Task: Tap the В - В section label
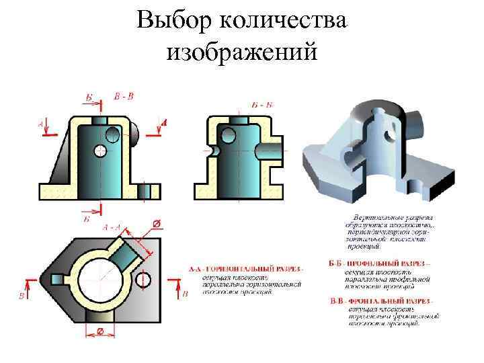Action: point(123,96)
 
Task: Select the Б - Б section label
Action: point(262,105)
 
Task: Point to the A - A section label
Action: point(112,227)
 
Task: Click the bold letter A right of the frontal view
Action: point(164,122)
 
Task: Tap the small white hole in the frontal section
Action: point(101,149)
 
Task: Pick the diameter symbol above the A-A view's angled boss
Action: point(156,223)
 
